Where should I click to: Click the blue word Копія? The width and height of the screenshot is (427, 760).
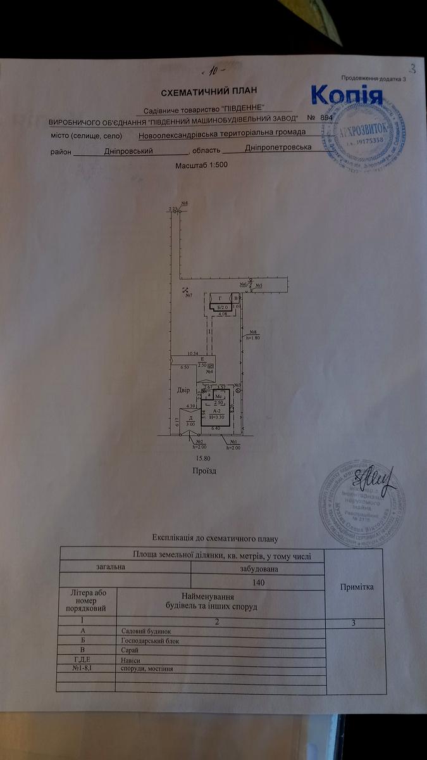(x=347, y=96)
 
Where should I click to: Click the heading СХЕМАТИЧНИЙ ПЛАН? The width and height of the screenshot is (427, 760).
(x=200, y=92)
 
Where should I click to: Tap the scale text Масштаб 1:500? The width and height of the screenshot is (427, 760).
(x=201, y=165)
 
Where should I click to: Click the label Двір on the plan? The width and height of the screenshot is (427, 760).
(x=183, y=390)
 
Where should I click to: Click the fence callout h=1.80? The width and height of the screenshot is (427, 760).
(x=252, y=338)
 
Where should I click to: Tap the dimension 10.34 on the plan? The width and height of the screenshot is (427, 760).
(x=193, y=353)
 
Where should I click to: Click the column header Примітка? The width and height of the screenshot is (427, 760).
(x=356, y=587)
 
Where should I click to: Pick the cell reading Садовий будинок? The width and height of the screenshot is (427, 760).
(x=145, y=631)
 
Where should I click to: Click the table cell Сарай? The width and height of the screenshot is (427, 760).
(x=127, y=650)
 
